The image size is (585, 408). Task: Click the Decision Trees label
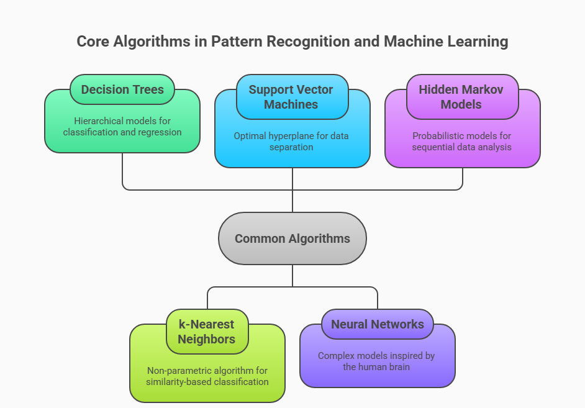click(122, 89)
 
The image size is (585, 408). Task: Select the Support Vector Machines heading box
click(292, 97)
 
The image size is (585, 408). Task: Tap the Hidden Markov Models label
click(462, 97)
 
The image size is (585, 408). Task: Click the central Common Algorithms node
click(292, 238)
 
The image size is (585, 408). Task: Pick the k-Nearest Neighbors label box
click(207, 332)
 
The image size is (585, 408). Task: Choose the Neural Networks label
click(378, 324)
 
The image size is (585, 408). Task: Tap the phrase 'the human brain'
click(378, 366)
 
